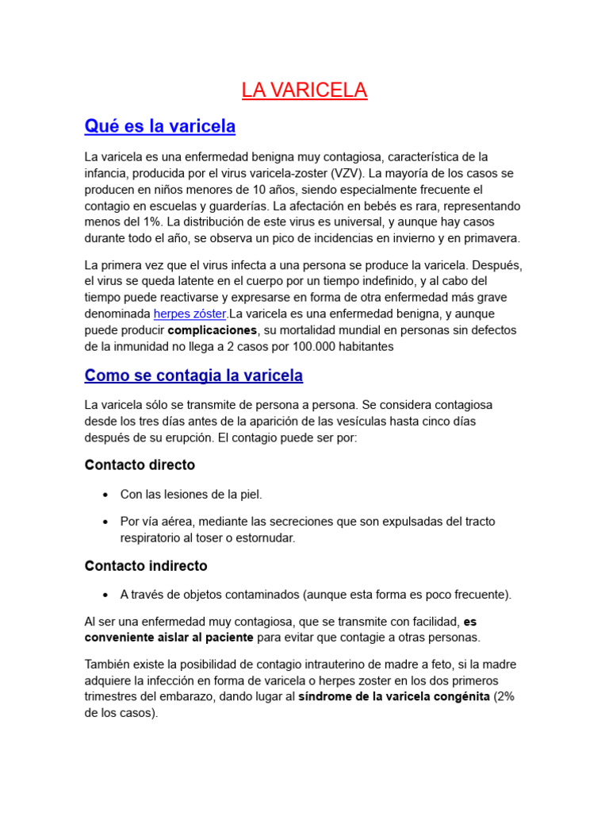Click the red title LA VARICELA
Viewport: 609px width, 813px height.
pos(304,91)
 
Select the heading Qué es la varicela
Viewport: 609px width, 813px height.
pos(160,126)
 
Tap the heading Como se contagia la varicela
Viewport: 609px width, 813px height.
pos(193,375)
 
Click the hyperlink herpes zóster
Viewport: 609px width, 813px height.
pos(190,314)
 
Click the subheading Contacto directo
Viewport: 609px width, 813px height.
pos(140,465)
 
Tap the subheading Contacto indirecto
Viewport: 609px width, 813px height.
pos(146,566)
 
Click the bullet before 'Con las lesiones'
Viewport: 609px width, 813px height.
pos(105,495)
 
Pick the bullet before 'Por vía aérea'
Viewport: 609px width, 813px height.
pos(105,522)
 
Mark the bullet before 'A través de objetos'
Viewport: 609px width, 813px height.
pos(105,595)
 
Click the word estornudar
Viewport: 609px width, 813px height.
pos(265,538)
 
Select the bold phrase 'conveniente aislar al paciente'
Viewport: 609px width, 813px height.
pos(169,638)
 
